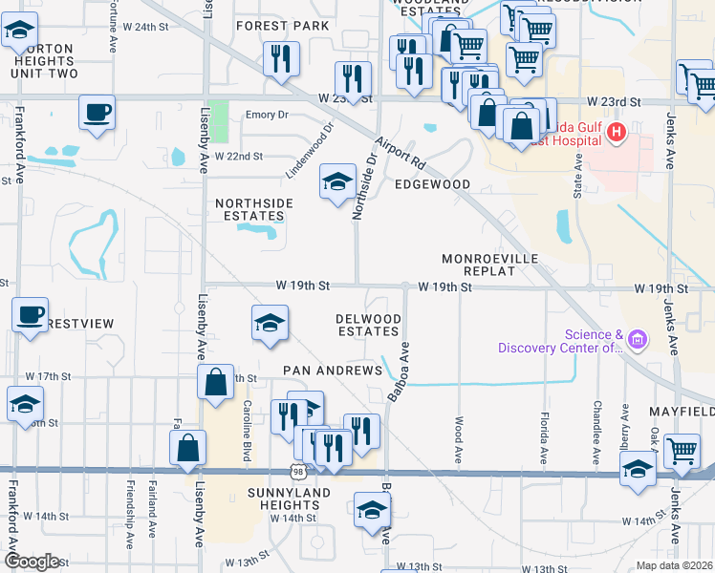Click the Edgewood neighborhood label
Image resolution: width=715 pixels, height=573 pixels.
click(432, 184)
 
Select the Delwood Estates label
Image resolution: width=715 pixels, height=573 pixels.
click(368, 325)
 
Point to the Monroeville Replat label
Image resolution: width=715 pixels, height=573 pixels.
click(490, 265)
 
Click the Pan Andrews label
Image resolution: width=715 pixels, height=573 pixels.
click(332, 370)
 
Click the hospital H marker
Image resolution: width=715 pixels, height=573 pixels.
click(617, 132)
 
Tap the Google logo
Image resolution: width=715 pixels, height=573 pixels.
click(31, 561)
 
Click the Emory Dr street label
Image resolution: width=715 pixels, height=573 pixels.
click(267, 115)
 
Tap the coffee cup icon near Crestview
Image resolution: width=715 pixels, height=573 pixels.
click(30, 313)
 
